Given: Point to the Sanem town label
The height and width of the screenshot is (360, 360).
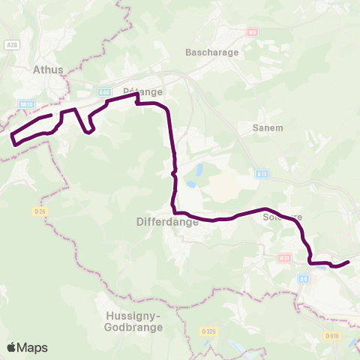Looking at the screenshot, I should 268,127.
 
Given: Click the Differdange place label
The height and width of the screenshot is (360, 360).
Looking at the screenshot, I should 169,222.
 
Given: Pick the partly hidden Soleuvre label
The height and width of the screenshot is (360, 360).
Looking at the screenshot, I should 283,217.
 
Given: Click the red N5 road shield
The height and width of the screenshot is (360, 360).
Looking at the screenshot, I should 252,32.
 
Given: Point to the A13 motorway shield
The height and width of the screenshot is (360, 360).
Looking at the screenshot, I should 261,174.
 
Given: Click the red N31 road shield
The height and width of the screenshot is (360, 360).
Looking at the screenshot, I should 283,258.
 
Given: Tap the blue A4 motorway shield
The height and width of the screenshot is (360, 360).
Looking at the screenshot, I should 303,279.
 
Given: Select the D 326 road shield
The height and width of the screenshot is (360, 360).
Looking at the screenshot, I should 210,331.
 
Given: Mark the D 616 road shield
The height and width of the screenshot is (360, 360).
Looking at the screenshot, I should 332,335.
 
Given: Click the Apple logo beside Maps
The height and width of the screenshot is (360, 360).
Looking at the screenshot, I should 12,347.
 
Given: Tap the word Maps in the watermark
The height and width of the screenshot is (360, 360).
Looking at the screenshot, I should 33,347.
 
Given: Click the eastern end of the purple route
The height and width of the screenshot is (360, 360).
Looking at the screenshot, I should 349,262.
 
